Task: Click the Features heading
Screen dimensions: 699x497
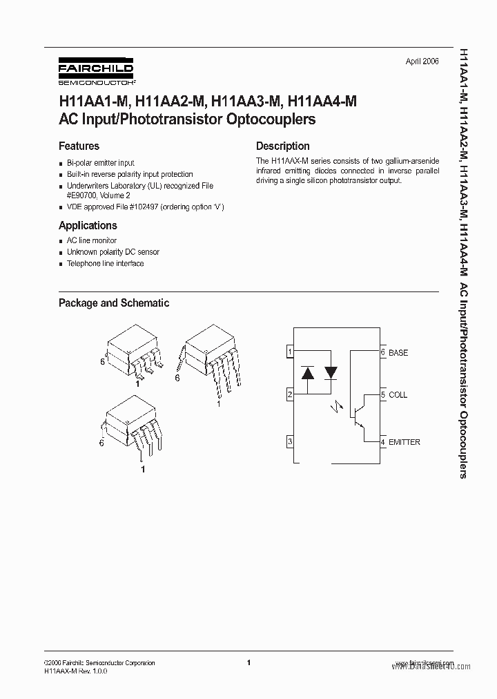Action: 79,146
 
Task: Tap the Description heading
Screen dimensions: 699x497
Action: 282,146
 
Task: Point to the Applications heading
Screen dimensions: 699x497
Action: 88,225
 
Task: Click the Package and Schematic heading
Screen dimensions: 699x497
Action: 113,303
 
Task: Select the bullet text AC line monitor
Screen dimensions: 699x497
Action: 92,240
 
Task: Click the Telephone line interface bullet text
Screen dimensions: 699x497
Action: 105,264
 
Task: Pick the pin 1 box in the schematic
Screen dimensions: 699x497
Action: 291,352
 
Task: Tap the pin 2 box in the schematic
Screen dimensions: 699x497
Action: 291,394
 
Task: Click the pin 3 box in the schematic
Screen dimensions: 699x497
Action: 291,441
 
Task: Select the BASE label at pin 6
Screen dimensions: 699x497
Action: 398,353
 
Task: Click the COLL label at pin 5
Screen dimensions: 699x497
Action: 398,395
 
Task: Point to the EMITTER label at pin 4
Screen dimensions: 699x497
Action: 405,442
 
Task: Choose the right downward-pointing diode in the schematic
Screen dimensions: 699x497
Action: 331,373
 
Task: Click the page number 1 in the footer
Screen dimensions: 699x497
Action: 248,662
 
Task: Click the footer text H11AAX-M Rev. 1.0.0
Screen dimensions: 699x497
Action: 76,671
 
